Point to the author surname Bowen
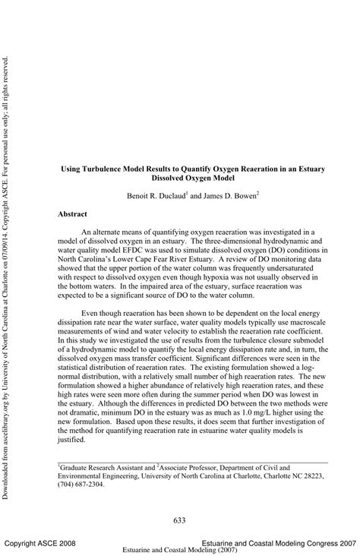[x=244, y=195]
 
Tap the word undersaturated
[x=291, y=270]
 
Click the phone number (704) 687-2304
[x=87, y=484]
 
